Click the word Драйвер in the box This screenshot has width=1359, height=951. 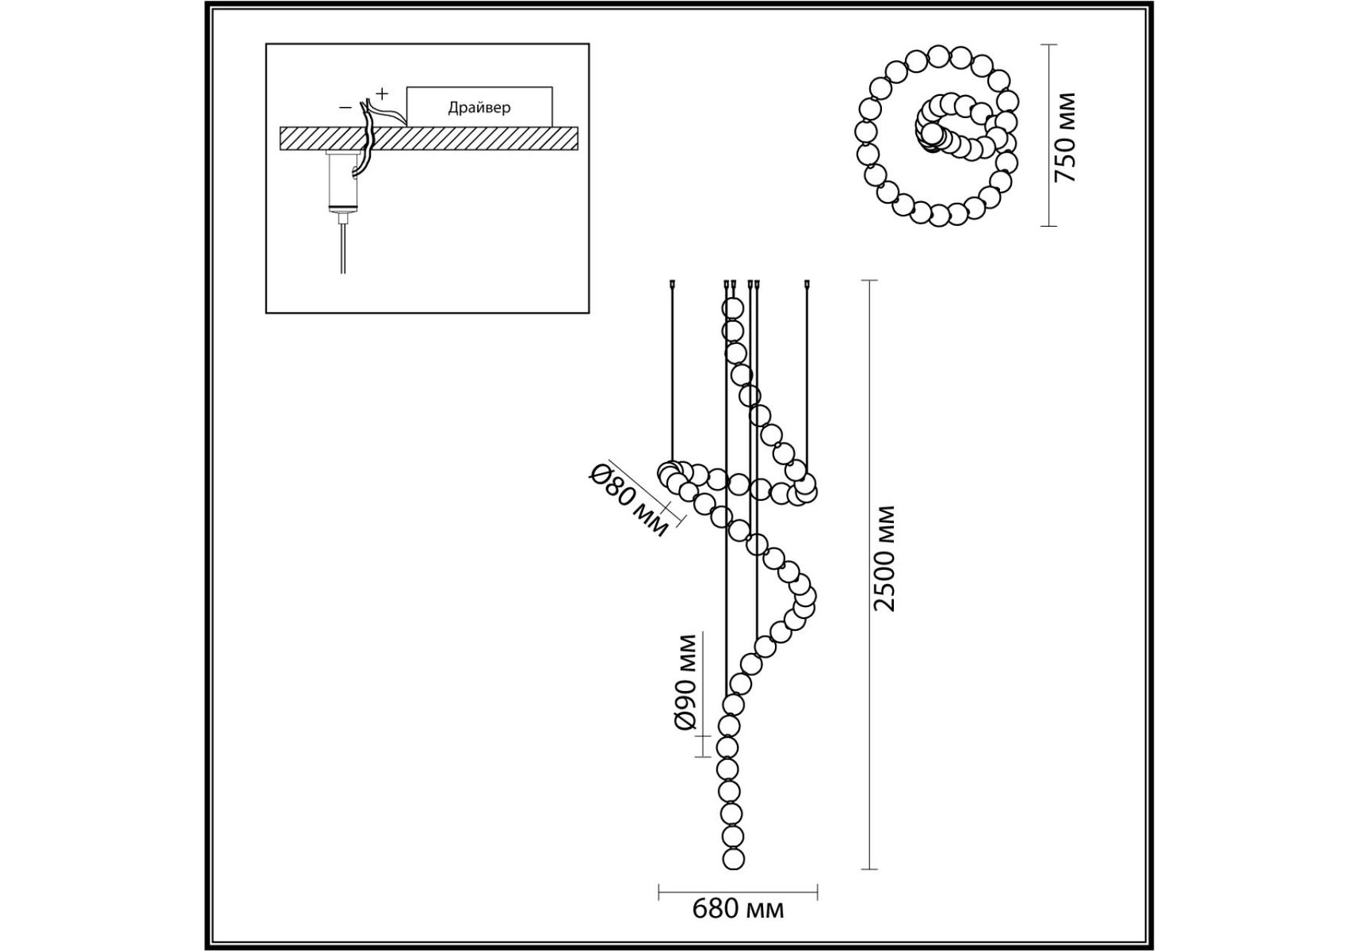[479, 108]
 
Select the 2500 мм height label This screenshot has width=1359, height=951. [884, 558]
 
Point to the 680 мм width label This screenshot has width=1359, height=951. [738, 908]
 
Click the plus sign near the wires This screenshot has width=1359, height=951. [382, 93]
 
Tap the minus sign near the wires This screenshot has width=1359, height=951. [345, 106]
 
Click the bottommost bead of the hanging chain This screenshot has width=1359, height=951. [733, 858]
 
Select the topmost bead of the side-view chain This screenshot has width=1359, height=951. [733, 307]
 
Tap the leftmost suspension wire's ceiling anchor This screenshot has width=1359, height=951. [672, 282]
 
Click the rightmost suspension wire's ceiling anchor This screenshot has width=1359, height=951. [807, 282]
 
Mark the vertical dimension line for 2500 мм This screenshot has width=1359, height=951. [870, 575]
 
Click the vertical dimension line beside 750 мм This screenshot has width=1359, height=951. [1048, 136]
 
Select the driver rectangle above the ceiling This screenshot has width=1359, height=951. [479, 106]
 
